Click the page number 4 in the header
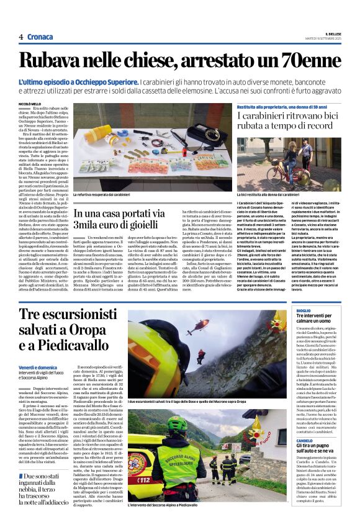point(21,37)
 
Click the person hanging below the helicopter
point(200,355)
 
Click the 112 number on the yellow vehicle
point(142,479)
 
